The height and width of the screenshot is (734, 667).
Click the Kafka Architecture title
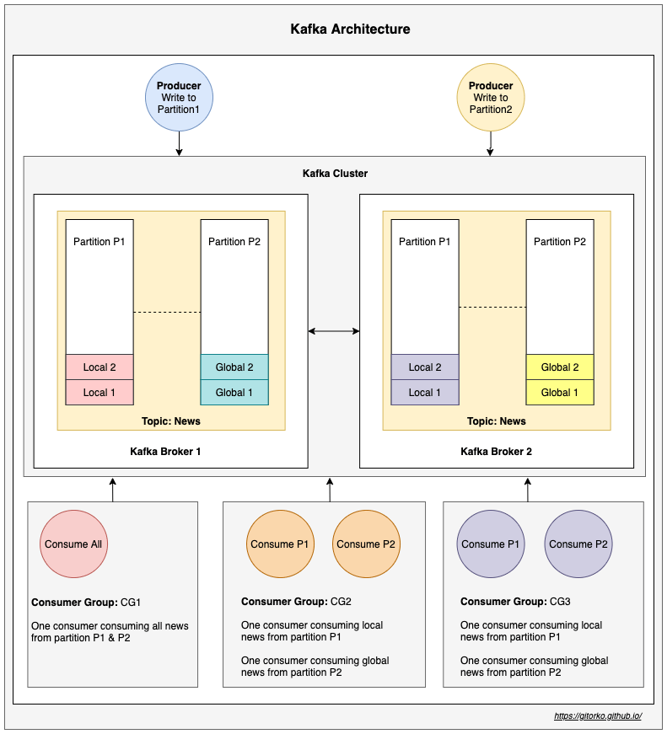coord(350,29)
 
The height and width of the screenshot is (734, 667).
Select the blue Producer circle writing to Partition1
coord(179,97)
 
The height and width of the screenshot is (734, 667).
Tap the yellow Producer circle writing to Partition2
coord(490,97)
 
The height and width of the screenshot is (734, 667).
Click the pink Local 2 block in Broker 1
coord(100,367)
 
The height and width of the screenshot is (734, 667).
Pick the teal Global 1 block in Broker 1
coord(234,393)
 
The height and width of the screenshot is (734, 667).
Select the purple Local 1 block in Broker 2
coord(425,393)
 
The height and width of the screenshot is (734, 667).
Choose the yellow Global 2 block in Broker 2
coord(560,367)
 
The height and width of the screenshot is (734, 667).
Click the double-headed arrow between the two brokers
coord(334,331)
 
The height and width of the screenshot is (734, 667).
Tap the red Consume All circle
coord(73,544)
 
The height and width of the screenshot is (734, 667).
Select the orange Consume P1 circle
coord(280,544)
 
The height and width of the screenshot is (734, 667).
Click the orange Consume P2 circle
coord(366,544)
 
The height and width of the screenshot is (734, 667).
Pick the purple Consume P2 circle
coord(578,544)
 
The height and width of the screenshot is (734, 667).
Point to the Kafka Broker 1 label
coord(165,452)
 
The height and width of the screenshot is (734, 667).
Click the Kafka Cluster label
coord(335,174)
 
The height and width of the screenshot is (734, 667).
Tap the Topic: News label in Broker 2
coord(496,421)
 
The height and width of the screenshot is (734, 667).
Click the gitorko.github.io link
coord(598,715)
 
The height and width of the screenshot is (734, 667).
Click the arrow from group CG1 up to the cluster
coord(112,490)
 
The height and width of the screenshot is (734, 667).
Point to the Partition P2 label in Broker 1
coord(234,242)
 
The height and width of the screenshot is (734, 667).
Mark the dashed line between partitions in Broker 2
coord(492,308)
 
